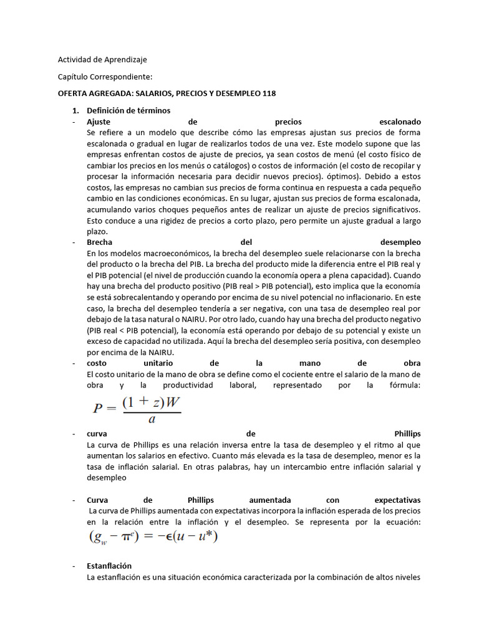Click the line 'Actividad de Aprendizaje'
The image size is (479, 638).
(x=102, y=60)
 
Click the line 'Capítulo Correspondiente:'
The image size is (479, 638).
(x=105, y=77)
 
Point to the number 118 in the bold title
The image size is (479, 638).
(x=269, y=93)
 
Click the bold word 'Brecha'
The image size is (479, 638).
(x=99, y=242)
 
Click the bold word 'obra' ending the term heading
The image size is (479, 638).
(x=412, y=363)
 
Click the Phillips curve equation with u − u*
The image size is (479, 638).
(x=153, y=536)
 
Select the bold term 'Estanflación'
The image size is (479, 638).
(x=109, y=566)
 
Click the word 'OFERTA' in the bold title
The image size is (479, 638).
(x=73, y=93)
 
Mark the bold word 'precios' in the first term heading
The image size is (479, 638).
(x=288, y=121)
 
